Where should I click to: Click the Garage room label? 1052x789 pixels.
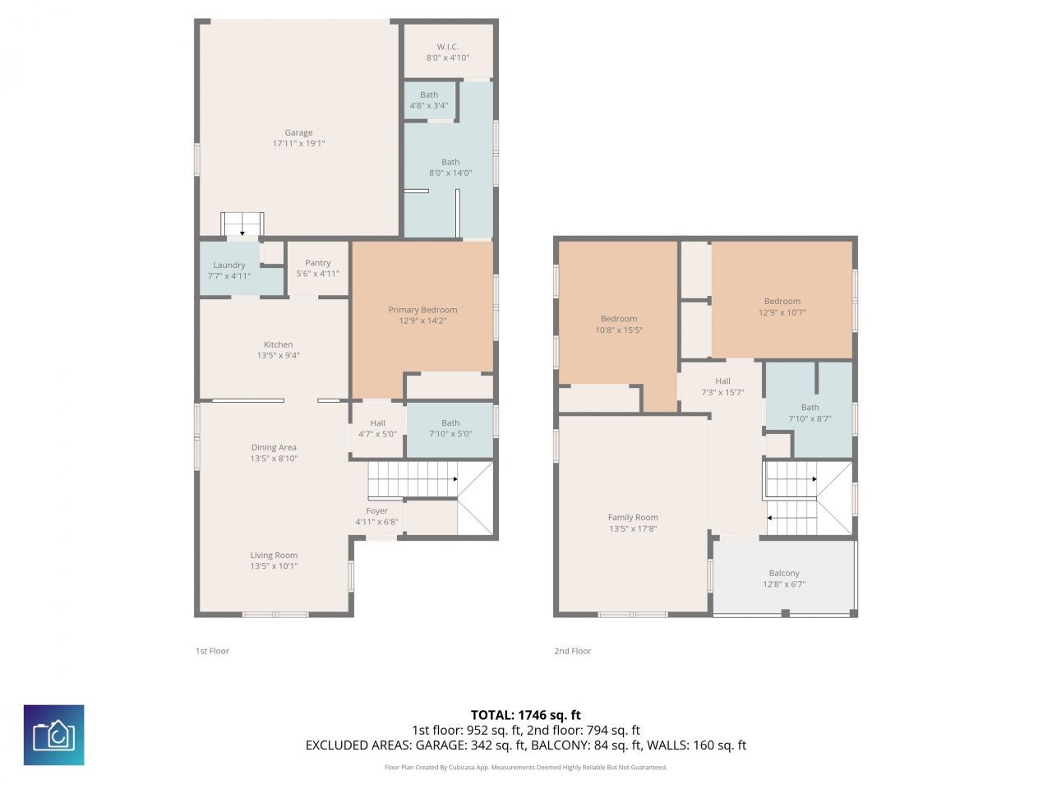tap(298, 132)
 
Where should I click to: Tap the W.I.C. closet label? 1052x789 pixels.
tap(447, 47)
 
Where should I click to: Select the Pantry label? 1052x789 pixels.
tap(317, 263)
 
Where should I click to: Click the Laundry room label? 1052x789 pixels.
tap(228, 265)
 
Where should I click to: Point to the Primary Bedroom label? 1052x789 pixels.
tap(422, 310)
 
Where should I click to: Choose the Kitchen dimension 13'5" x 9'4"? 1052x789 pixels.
tap(278, 356)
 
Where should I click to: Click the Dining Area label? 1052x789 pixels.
tap(274, 448)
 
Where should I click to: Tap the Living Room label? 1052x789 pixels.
tap(274, 556)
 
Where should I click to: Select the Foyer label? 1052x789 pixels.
tap(376, 511)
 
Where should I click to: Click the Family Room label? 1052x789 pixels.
tap(633, 518)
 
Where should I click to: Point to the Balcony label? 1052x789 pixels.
tap(784, 574)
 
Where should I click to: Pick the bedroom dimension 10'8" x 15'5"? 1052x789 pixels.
tap(619, 330)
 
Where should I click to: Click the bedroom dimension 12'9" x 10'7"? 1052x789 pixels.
tap(782, 312)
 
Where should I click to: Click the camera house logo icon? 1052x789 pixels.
tap(53, 735)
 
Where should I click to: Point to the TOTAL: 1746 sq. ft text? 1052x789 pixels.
tap(525, 715)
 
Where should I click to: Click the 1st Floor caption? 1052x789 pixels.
tap(212, 651)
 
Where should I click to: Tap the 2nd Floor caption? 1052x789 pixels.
tap(572, 651)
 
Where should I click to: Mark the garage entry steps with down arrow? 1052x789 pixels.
tap(242, 224)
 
